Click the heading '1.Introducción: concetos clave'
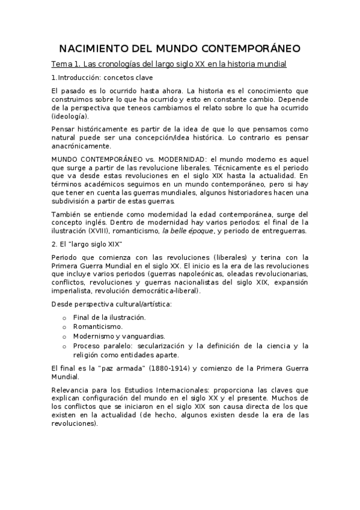[102, 78]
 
